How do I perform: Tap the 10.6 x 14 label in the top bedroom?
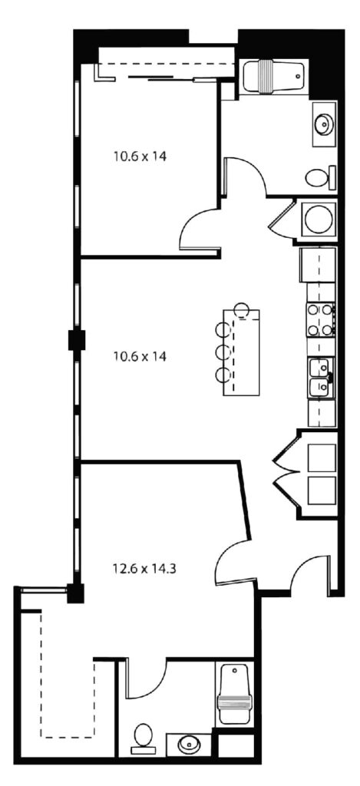140,157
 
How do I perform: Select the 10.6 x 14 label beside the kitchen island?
140,357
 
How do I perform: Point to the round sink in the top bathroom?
323,123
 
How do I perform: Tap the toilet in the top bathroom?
319,177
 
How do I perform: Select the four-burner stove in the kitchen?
321,320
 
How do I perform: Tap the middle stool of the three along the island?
223,352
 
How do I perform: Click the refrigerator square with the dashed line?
317,265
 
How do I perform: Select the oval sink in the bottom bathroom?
190,743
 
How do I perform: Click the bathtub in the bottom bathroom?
234,694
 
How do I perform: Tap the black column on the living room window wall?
77,340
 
